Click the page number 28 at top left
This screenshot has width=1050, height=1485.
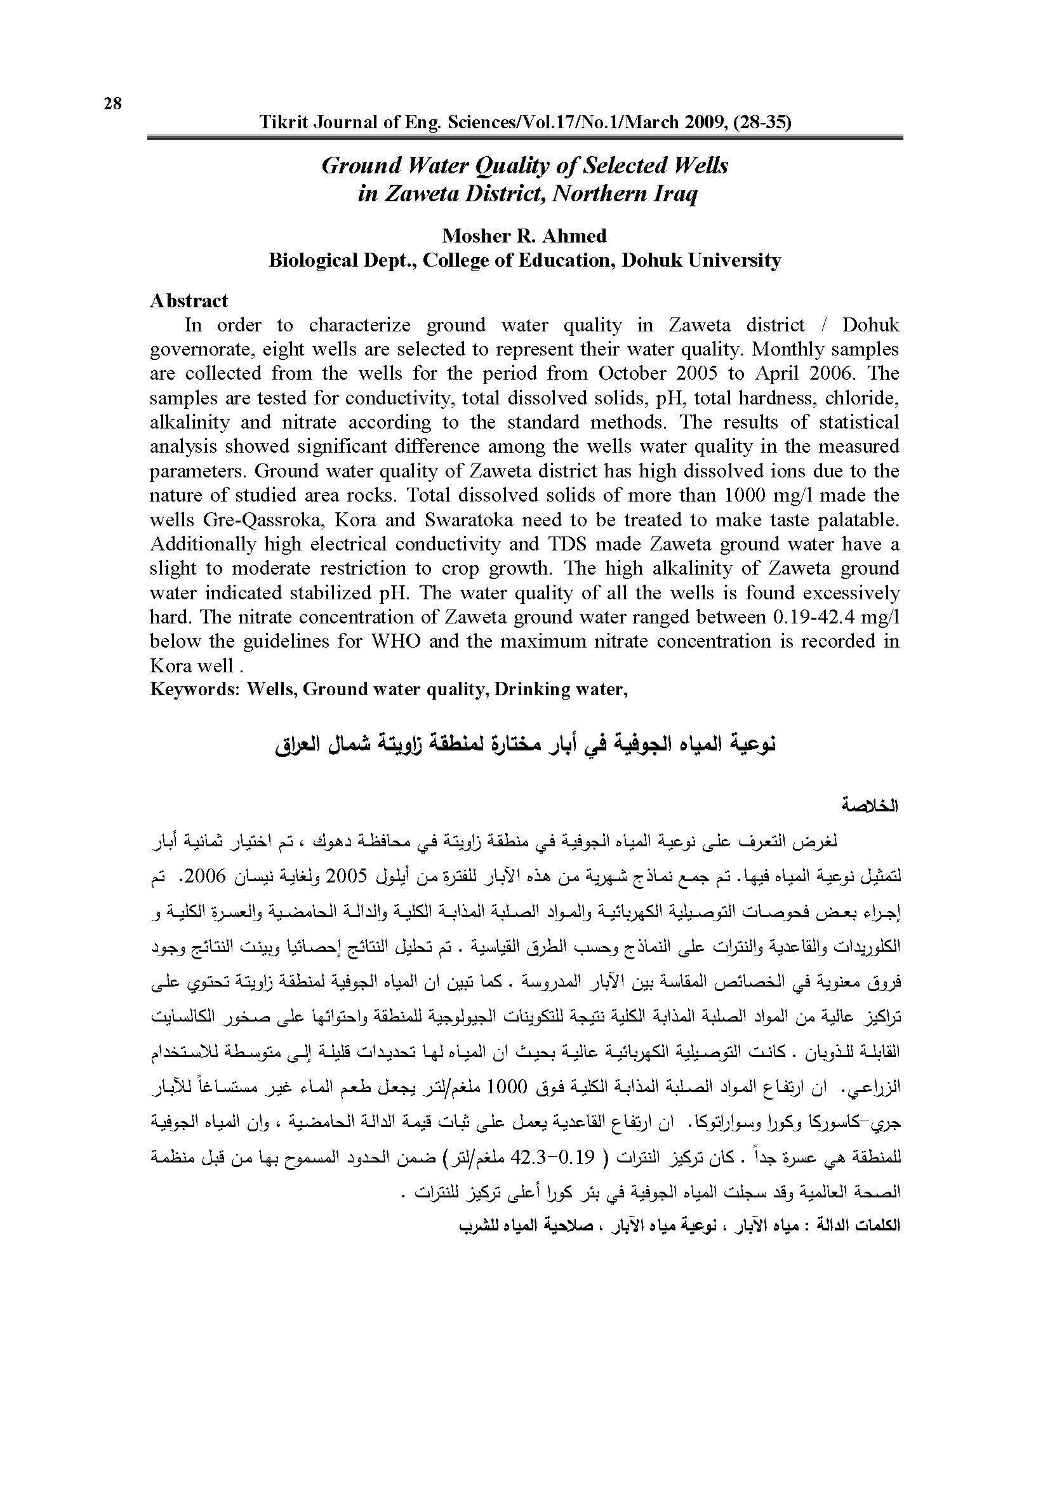(x=112, y=103)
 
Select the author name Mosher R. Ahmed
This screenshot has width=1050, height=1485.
(x=524, y=236)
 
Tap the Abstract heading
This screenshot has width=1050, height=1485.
(x=189, y=301)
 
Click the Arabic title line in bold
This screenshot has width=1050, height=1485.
(x=524, y=745)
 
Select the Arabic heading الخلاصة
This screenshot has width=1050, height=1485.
(x=870, y=806)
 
